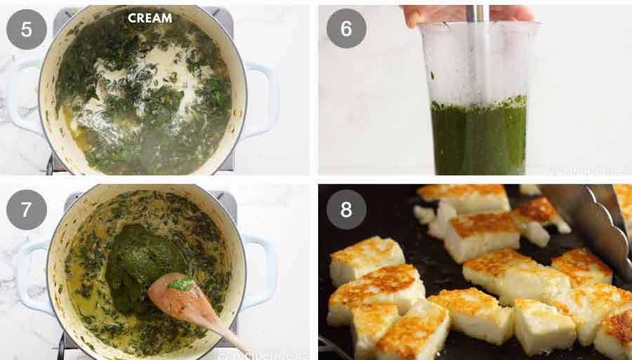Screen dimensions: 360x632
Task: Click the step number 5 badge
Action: tap(26, 29)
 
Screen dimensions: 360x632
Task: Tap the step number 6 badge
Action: tap(346, 28)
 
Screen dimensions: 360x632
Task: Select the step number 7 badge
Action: tap(26, 210)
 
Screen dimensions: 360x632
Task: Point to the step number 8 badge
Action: tap(346, 210)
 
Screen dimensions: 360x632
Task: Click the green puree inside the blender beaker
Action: tap(480, 137)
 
